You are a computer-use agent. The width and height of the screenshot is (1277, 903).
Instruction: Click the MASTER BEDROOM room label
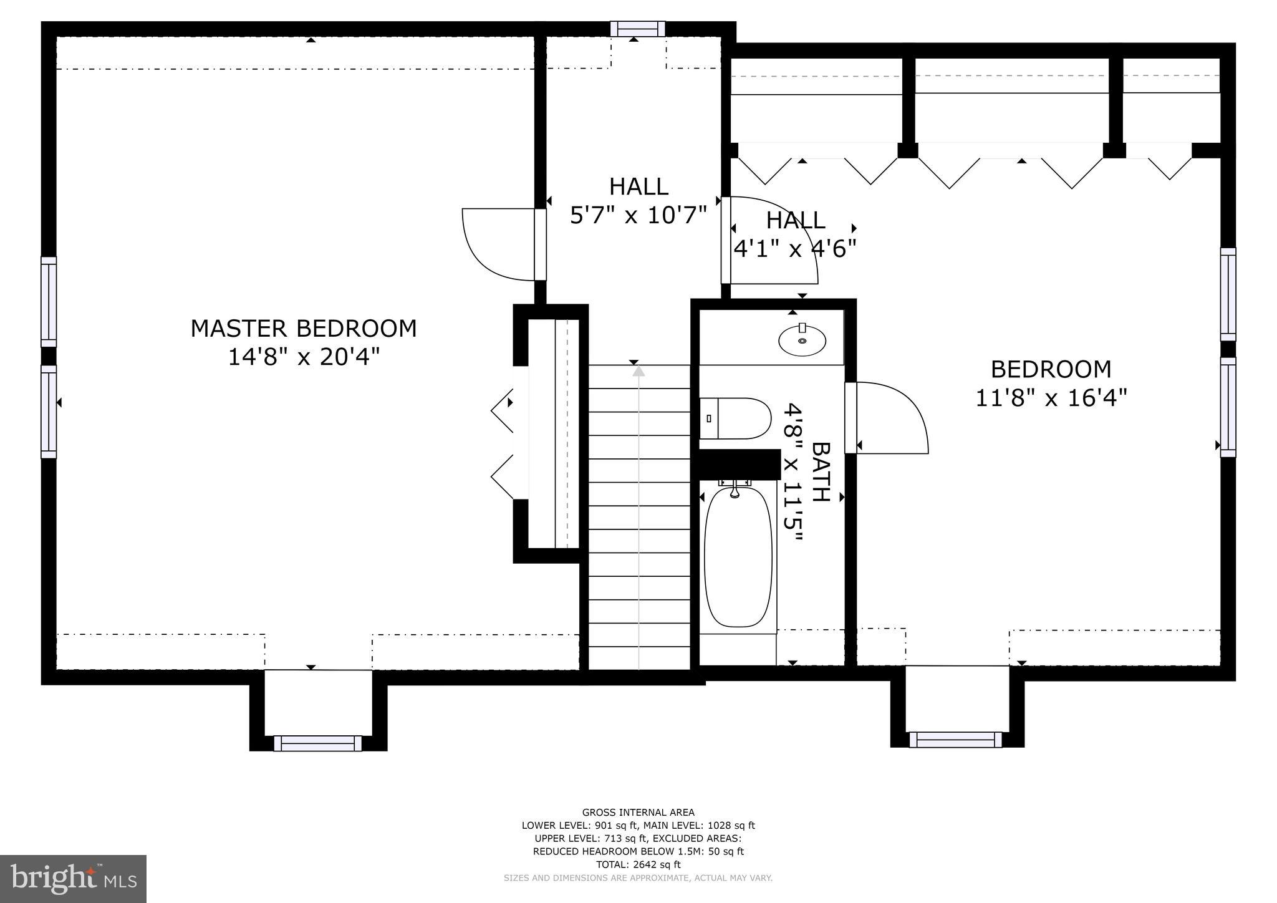tap(304, 329)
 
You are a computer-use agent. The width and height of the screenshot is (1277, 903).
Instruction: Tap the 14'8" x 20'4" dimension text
tap(304, 357)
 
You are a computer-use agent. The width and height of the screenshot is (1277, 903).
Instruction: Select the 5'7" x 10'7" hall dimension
tap(638, 215)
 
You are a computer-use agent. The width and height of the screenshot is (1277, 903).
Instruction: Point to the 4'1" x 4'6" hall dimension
tap(794, 249)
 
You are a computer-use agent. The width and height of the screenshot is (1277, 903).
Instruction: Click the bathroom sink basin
tap(802, 340)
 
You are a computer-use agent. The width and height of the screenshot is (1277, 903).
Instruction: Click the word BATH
tap(821, 472)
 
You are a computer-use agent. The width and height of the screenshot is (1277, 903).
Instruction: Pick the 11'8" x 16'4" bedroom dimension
tap(1051, 398)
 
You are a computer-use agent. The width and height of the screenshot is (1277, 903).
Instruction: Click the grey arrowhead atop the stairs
tap(638, 372)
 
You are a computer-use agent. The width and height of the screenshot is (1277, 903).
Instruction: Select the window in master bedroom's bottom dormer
tap(318, 743)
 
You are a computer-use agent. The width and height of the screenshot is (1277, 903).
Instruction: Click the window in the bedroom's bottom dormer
tap(955, 740)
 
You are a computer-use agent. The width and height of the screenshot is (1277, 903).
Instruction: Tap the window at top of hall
tap(637, 29)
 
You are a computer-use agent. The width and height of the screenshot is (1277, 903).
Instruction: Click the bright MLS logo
tap(74, 878)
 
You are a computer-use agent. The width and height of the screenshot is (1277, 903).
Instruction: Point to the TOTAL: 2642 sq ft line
tap(638, 864)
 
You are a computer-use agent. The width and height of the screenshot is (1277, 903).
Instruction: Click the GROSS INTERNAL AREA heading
tap(638, 812)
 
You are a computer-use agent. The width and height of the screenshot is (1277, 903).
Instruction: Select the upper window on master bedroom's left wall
tap(49, 301)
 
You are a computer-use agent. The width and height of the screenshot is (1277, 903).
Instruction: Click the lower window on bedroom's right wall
tap(1228, 407)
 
